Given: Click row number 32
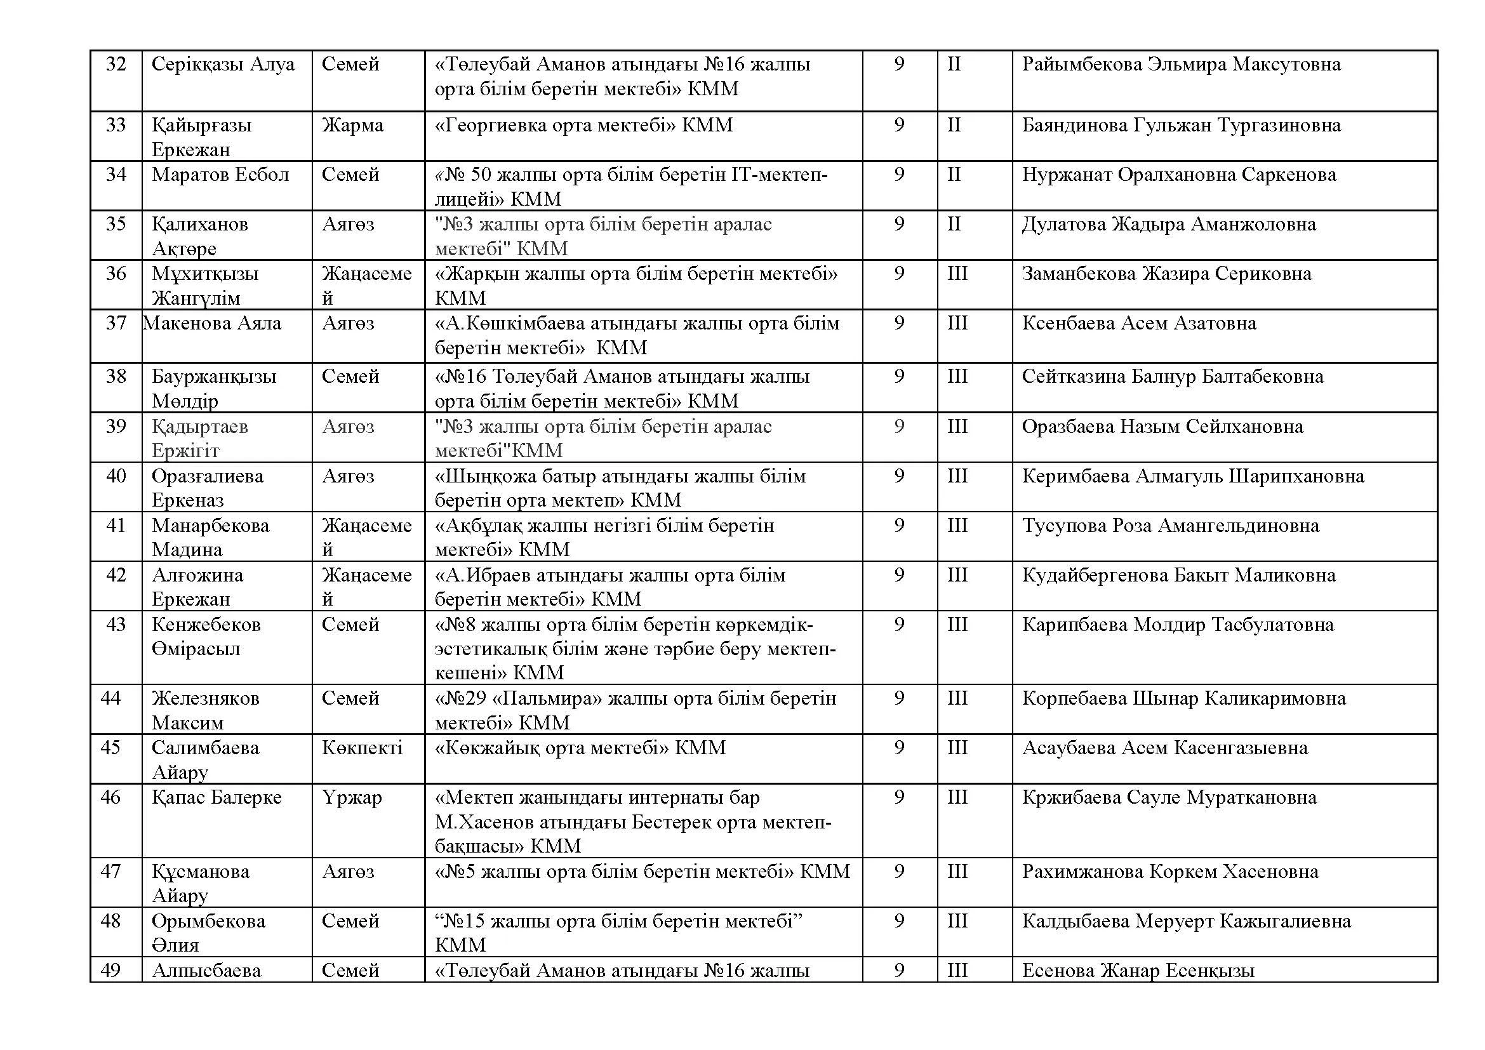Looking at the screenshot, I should pos(116,64).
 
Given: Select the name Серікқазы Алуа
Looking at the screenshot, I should pos(222,64).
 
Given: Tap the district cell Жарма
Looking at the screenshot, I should pos(352,125).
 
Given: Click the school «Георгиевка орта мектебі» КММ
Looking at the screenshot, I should pos(583,125).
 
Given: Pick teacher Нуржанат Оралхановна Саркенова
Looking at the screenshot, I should pos(1178,175).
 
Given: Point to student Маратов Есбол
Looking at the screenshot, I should pos(220,175).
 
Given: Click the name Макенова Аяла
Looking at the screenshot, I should pos(212,322).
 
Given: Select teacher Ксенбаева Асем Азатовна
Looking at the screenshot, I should pos(1138,322).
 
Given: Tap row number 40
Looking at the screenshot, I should pos(116,476).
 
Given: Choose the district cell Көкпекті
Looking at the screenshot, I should pos(362,748).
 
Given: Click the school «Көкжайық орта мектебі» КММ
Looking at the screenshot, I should pos(580,748).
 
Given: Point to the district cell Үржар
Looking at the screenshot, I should pos(352,797).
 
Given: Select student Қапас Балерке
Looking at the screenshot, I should pos(216,797).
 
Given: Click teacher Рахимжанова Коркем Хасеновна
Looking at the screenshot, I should pos(1170,872).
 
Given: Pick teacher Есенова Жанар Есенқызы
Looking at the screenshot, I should pos(1138,971).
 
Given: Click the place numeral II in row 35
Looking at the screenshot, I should pos(954,224).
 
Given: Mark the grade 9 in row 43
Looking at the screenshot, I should pos(899,625).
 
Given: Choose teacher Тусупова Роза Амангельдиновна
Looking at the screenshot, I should pos(1170,526).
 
